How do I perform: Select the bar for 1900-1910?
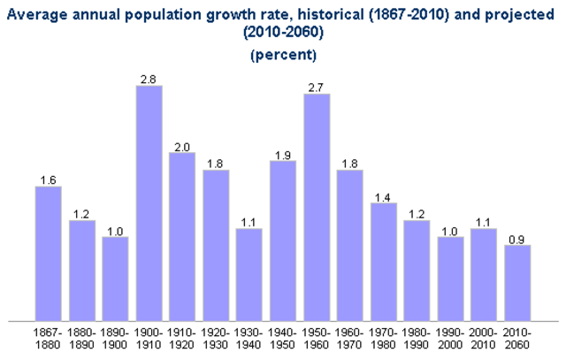point(149,203)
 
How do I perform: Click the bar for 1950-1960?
point(317,207)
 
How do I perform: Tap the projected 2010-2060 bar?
point(517,283)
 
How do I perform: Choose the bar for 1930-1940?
point(249,274)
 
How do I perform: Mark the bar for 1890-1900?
point(115,279)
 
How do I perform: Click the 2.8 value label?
point(149,80)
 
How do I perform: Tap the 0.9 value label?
point(517,239)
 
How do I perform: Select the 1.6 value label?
point(48,180)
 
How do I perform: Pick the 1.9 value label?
point(283,155)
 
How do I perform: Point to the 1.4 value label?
point(383,197)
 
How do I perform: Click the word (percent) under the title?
point(283,55)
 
